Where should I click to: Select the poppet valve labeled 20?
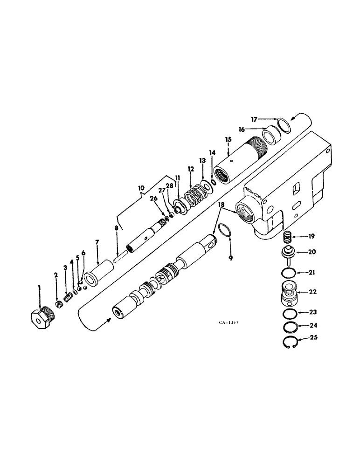pyautogui.click(x=290, y=254)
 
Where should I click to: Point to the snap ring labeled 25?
pyautogui.click(x=291, y=344)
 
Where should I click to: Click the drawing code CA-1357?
pyautogui.click(x=231, y=322)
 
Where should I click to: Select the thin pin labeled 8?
pyautogui.click(x=120, y=254)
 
